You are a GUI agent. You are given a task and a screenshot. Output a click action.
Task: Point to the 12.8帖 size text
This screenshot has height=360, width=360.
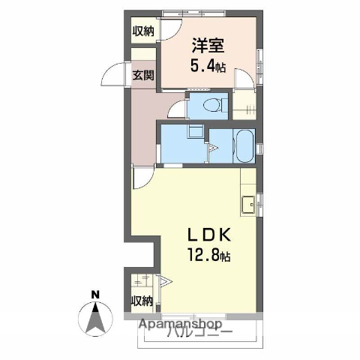point(208,256)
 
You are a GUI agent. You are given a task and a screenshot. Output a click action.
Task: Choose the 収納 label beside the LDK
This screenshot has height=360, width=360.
point(142,301)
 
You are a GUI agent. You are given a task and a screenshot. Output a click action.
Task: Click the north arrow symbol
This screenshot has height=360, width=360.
point(96,319)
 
